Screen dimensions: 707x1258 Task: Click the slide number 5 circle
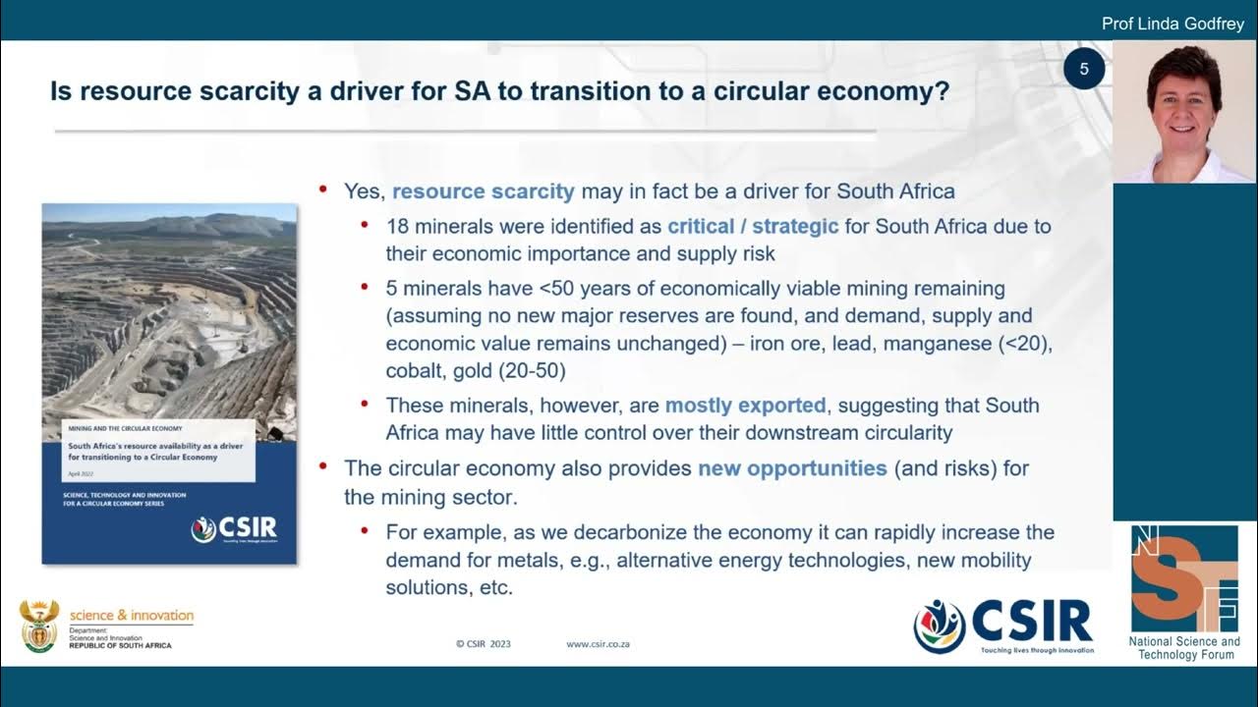tap(1084, 69)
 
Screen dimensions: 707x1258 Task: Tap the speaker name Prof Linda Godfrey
tap(1172, 24)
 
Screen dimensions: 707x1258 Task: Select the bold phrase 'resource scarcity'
tap(483, 190)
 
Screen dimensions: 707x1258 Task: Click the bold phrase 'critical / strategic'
tap(753, 226)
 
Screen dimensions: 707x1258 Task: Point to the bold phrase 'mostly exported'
tap(745, 405)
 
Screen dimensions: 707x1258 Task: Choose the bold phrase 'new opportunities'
tap(792, 467)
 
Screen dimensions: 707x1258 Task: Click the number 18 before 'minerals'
tap(397, 226)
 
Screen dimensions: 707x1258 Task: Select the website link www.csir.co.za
tap(598, 644)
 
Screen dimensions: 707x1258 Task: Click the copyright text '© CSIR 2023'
tap(484, 644)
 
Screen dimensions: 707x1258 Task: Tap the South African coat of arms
tap(39, 625)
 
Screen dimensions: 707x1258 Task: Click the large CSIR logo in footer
tap(1003, 625)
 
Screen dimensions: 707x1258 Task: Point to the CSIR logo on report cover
tap(234, 528)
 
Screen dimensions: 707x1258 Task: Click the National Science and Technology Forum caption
tap(1183, 648)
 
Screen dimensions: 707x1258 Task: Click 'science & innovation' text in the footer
tap(132, 615)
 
